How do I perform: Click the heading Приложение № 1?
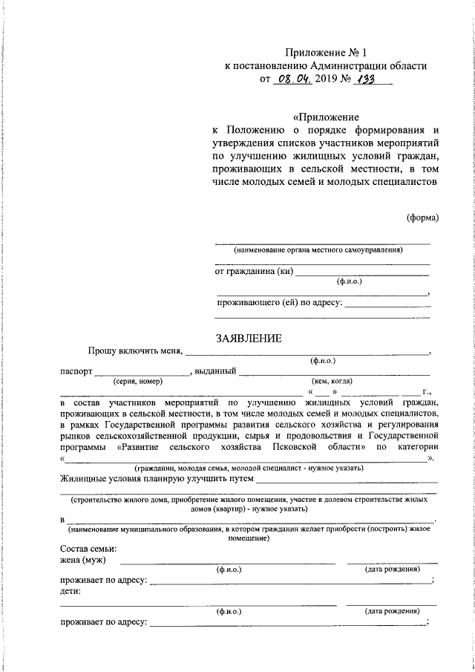click(x=326, y=52)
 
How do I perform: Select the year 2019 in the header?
click(x=328, y=79)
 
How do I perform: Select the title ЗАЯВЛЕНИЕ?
click(x=248, y=339)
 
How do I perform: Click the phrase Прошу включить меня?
click(x=134, y=352)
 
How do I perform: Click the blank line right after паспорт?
click(x=142, y=373)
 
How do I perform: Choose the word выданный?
click(x=216, y=371)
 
